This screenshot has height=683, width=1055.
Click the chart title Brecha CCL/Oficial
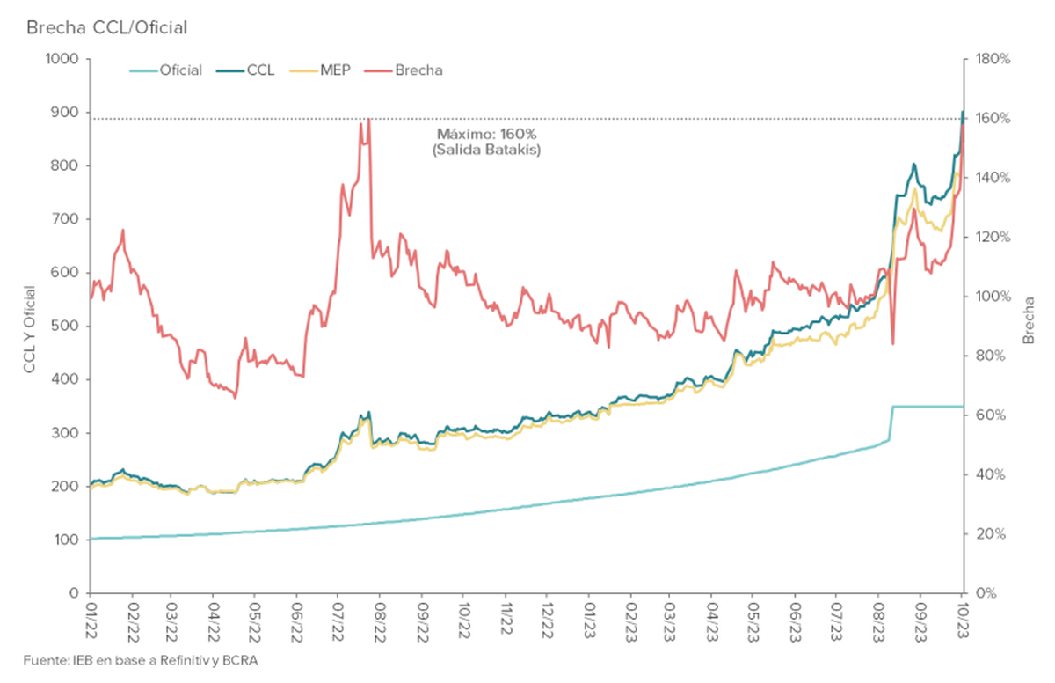(x=106, y=27)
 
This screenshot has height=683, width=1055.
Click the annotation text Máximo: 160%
(x=486, y=135)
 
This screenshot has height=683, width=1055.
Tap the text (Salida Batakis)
(x=486, y=151)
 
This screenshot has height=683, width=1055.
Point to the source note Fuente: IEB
(x=141, y=660)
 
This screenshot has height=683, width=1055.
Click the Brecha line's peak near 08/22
(x=368, y=119)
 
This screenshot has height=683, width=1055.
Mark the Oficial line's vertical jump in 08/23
(x=891, y=422)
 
